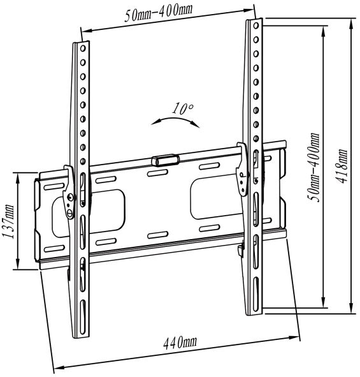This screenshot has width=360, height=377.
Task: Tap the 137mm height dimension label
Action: pyautogui.click(x=8, y=221)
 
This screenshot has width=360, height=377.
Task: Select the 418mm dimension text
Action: pyautogui.click(x=341, y=166)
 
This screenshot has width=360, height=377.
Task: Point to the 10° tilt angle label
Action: pyautogui.click(x=183, y=108)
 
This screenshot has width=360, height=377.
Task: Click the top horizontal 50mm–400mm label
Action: pyautogui.click(x=159, y=13)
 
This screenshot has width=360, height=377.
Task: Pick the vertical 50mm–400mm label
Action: pyautogui.click(x=314, y=167)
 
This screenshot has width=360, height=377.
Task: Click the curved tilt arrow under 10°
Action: pyautogui.click(x=175, y=121)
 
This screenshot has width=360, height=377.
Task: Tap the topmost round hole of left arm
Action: pyautogui.click(x=83, y=48)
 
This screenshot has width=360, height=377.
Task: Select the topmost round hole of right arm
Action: pyautogui.click(x=256, y=26)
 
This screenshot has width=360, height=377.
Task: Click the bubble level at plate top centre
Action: pyautogui.click(x=166, y=160)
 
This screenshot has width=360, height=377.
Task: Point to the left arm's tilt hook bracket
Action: pyautogui.click(x=69, y=193)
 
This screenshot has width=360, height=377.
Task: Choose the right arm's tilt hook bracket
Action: pyautogui.click(x=242, y=169)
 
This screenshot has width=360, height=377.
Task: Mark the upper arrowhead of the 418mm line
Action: pyautogui.click(x=351, y=24)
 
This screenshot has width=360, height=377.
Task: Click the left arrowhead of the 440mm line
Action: pyautogui.click(x=58, y=367)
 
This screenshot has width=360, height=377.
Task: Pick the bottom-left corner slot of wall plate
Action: pyautogui.click(x=54, y=249)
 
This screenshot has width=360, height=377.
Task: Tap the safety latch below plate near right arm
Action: pyautogui.click(x=240, y=250)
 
